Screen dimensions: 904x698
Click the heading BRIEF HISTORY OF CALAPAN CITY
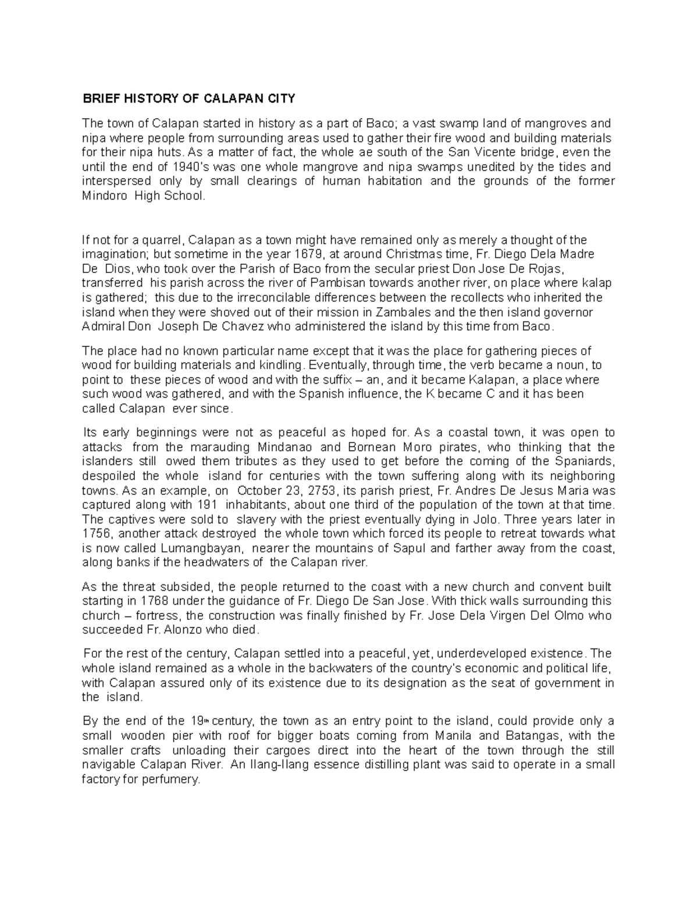[188, 98]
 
